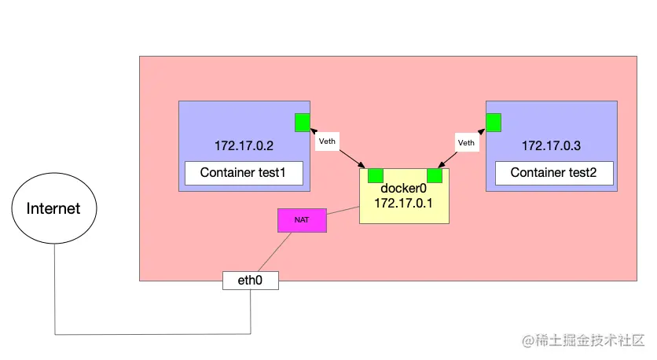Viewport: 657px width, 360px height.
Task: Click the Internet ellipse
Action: tap(54, 208)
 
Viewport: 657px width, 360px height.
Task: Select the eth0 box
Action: tap(251, 281)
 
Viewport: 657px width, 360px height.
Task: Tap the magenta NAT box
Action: tap(302, 220)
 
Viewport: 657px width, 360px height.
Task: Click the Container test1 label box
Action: tap(244, 173)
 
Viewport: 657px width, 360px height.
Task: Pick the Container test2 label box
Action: tap(554, 173)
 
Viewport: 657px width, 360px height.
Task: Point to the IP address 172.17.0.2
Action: tap(244, 146)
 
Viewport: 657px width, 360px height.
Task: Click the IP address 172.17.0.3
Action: tap(551, 146)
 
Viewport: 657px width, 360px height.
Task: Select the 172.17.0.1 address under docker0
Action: tap(403, 204)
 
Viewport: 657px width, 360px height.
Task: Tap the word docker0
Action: tap(403, 189)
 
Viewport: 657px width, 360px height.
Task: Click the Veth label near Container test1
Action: tap(327, 141)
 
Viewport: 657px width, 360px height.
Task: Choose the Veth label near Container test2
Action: tap(466, 142)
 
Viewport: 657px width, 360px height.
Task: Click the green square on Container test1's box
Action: tap(303, 123)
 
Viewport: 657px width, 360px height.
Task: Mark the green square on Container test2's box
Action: tap(494, 123)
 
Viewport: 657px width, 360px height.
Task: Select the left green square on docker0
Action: tap(376, 175)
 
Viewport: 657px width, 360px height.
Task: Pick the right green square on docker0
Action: tap(435, 175)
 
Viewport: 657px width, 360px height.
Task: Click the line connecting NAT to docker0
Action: tap(343, 211)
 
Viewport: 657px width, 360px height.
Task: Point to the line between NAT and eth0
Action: tap(274, 252)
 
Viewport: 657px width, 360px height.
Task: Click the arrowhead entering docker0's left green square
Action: tap(362, 166)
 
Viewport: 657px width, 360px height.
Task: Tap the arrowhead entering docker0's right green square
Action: tap(441, 166)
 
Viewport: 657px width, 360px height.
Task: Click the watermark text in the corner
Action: tap(583, 340)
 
